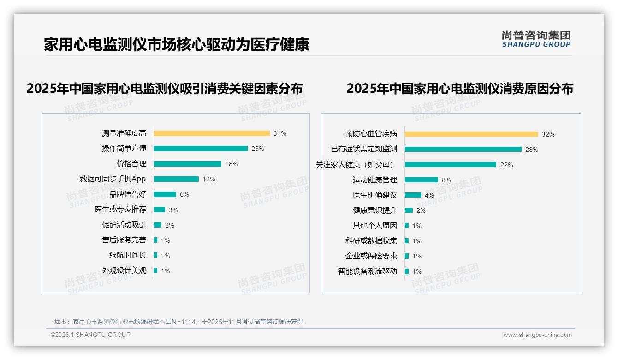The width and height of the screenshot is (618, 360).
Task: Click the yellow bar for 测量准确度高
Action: pos(212,133)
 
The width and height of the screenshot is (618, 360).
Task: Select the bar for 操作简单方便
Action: pos(201,149)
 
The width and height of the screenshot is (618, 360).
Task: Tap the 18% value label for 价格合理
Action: pos(232,164)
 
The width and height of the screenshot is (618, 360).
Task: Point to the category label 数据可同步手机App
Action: pos(113,179)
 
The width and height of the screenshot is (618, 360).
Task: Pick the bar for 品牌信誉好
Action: pos(165,194)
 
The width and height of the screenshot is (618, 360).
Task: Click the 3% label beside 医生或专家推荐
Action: pos(173,210)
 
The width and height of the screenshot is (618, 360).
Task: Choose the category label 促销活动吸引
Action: pos(124,225)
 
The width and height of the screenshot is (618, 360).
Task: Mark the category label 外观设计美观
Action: pos(124,270)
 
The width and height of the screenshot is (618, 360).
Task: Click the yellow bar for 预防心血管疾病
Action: pos(471,134)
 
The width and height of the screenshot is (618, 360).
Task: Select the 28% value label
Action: pos(532,150)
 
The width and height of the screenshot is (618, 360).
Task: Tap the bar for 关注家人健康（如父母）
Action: pos(451,165)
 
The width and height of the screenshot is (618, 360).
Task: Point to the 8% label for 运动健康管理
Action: pos(446,180)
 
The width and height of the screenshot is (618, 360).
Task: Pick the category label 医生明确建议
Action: pos(375,195)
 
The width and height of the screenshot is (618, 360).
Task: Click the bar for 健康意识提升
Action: pos(409,210)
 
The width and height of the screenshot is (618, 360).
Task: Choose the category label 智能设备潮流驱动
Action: pos(368,271)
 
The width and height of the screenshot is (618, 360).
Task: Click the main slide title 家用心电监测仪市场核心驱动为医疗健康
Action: pos(176,45)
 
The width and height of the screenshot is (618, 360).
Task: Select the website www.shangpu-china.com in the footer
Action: pos(537,335)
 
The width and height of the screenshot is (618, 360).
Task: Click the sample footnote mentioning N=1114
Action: pos(178,322)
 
